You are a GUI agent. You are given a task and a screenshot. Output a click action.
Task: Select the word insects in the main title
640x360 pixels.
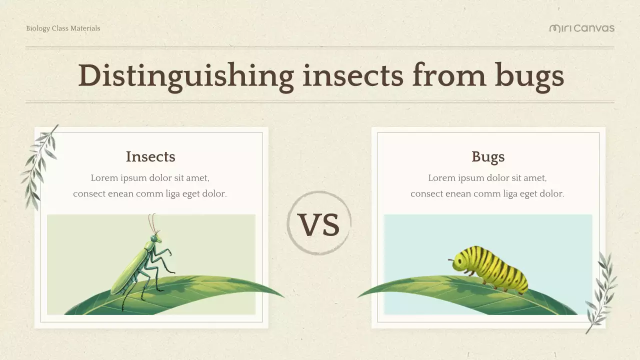[x=352, y=75]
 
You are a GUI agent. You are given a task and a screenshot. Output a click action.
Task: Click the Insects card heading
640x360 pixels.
[x=150, y=156]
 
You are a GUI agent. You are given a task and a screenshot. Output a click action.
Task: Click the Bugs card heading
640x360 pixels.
[x=488, y=156]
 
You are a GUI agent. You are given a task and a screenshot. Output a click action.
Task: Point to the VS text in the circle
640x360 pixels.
[x=319, y=224]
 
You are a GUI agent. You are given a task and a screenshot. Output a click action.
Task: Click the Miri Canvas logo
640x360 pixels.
[x=581, y=28]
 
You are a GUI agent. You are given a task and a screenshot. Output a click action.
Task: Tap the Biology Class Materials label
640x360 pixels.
[x=63, y=28]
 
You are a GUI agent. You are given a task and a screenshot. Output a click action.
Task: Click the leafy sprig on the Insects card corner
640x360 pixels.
[x=39, y=167]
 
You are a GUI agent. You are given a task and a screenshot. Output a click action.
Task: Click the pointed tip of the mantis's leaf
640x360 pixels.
[x=282, y=296]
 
